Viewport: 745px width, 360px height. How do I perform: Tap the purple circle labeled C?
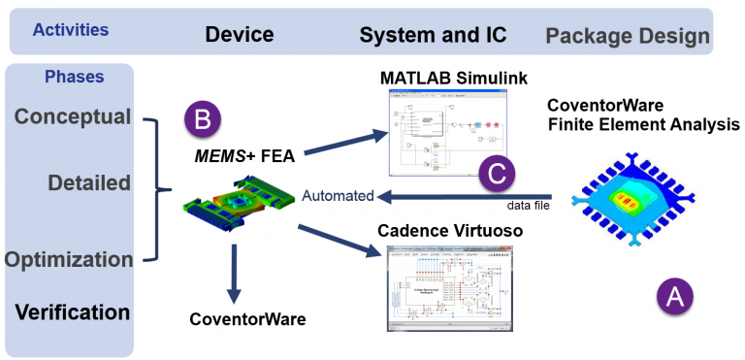tap(497, 176)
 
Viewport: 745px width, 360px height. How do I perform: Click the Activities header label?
tap(71, 30)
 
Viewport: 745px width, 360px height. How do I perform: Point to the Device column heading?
tap(239, 36)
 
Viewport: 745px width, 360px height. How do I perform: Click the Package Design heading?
tap(628, 37)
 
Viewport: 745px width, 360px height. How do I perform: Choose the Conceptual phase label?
tap(73, 116)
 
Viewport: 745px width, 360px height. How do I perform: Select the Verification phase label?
tap(72, 312)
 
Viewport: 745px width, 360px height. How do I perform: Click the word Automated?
tap(337, 196)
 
